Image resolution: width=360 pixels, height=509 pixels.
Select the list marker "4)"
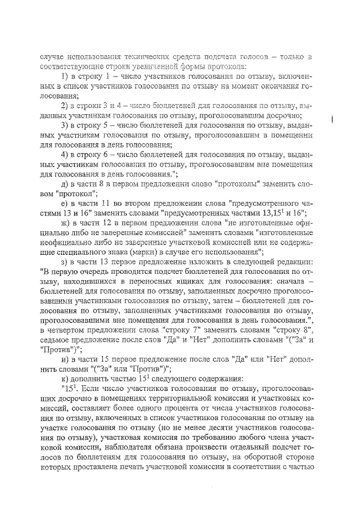[x=65, y=154]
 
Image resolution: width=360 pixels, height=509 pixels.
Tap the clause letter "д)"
[x=65, y=183]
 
